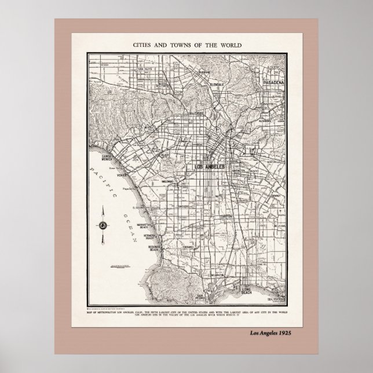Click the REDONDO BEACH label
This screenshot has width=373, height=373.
158,247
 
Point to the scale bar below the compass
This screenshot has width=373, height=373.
120,266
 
